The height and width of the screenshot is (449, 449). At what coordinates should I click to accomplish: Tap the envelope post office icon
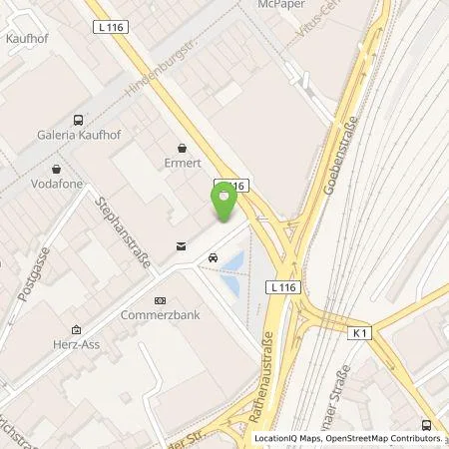tap(180, 245)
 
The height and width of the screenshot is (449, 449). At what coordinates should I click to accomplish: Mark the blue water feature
tap(234, 273)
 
